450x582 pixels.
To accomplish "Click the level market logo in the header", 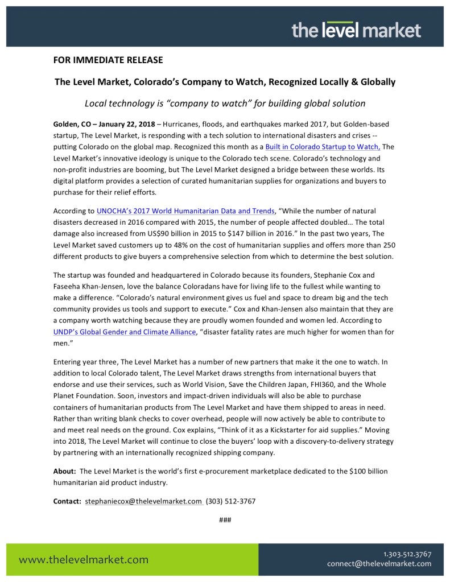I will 356,30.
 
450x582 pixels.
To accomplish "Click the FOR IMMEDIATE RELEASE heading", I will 108,60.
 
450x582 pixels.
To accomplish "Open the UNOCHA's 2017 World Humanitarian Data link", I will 181,211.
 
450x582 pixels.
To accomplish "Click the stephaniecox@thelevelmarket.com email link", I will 143,501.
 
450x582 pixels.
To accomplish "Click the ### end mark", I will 225,520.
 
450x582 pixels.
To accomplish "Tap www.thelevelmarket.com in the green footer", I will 84,559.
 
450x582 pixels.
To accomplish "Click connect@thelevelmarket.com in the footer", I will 379,564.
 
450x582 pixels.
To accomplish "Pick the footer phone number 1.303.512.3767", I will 407,554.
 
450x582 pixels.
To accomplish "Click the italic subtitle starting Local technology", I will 225,104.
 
